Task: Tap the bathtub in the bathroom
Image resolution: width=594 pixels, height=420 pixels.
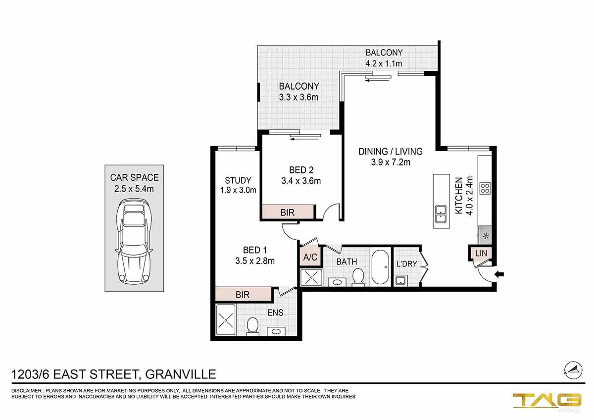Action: tap(380, 267)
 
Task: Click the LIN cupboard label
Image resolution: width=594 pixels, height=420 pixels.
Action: tap(481, 253)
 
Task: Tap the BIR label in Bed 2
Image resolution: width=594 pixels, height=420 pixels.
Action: tap(288, 212)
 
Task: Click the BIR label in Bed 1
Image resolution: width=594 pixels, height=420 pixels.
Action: tap(243, 295)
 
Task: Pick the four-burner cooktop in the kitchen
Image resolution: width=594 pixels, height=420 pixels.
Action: tap(485, 188)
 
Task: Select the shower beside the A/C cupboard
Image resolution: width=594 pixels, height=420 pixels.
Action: tap(311, 277)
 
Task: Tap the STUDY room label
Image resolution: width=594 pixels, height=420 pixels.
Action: tap(238, 180)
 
